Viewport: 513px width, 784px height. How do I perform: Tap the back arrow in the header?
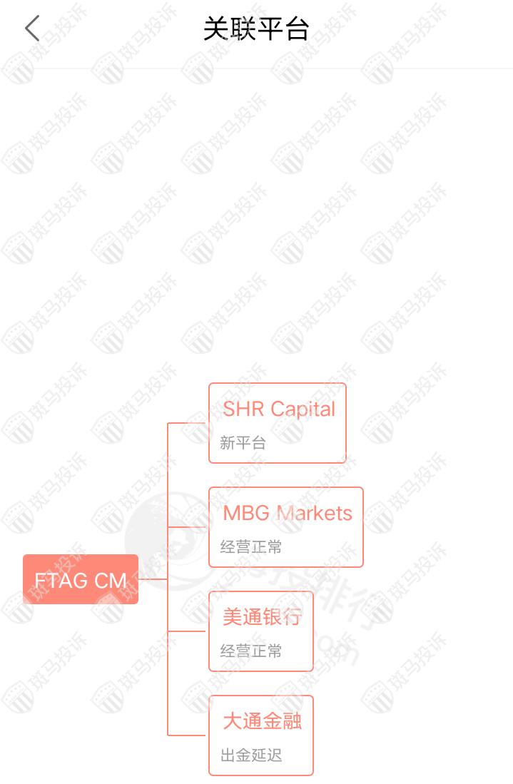tap(32, 29)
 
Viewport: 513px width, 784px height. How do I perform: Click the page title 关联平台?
tap(256, 29)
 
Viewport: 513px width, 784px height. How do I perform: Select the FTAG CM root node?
tap(81, 579)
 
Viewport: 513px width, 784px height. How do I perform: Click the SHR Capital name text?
tap(278, 409)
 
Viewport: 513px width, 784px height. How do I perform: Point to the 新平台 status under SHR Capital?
tap(243, 443)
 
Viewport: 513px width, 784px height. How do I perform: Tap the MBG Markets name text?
tap(287, 513)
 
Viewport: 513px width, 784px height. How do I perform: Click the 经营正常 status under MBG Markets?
tap(251, 547)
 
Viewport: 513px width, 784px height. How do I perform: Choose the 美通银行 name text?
tap(262, 617)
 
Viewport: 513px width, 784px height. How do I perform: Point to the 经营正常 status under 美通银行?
tap(251, 651)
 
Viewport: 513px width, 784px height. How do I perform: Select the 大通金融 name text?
tap(262, 721)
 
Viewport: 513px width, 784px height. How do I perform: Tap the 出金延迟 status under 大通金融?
tap(251, 755)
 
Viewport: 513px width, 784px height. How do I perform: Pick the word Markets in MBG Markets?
tap(315, 513)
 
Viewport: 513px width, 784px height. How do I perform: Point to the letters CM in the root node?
tap(111, 580)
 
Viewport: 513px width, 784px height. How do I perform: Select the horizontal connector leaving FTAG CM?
tap(153, 579)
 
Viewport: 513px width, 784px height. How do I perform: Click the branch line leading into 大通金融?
tap(188, 735)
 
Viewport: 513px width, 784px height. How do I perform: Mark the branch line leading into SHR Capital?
tap(188, 423)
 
